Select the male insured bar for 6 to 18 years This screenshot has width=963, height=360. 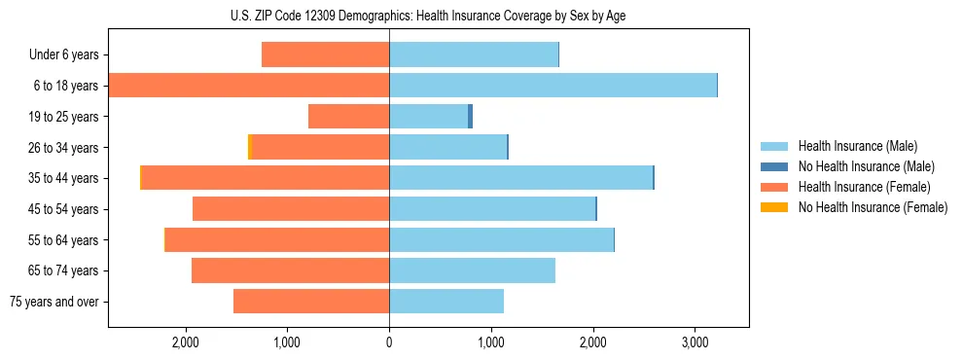[x=553, y=86]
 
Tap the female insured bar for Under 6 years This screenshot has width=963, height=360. [x=325, y=54]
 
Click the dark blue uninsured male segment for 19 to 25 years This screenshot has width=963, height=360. [x=470, y=117]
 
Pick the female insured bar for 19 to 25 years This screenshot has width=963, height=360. [x=348, y=117]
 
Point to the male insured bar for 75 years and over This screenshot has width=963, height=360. [x=446, y=302]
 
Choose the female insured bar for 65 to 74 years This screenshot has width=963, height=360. [x=290, y=270]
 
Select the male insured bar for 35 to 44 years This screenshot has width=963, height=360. [x=520, y=178]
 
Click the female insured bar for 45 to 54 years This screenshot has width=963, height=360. [x=291, y=209]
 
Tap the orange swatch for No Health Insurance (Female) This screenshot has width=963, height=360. [x=774, y=206]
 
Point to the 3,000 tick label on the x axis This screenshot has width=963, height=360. [x=695, y=342]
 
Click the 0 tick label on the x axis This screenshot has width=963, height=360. [x=389, y=342]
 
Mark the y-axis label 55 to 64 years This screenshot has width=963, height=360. [x=65, y=240]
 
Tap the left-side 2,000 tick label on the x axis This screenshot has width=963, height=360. [x=185, y=342]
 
